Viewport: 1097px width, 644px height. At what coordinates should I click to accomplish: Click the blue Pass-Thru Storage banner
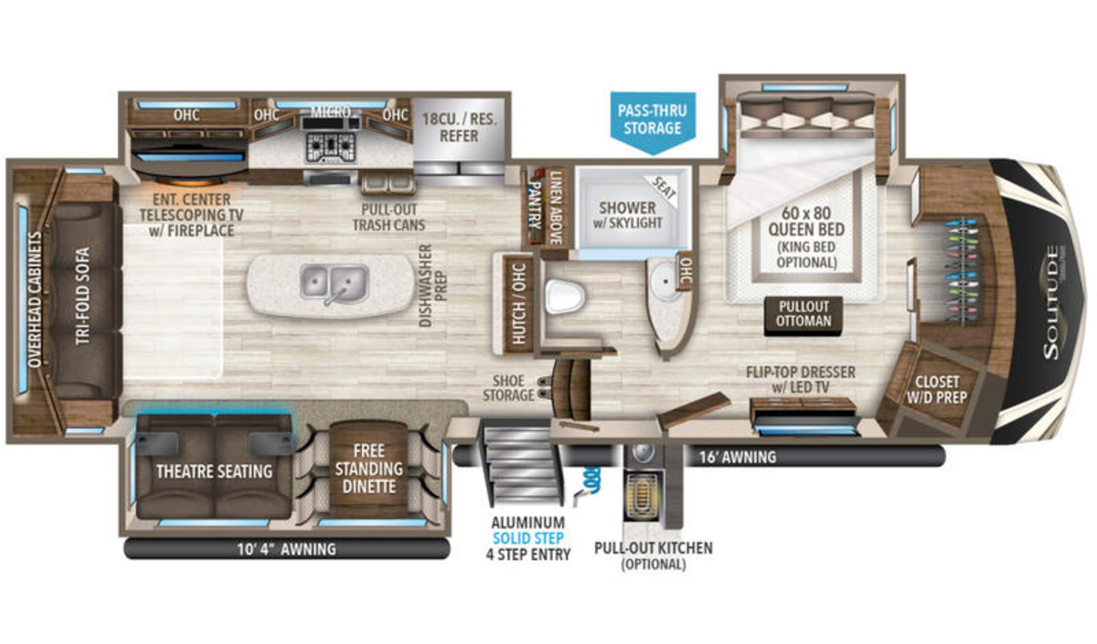[653, 122]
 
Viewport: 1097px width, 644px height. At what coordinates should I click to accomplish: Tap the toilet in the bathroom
[566, 296]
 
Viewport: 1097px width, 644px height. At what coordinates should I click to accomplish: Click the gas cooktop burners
[331, 147]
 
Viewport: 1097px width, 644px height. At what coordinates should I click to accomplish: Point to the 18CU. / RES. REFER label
[459, 127]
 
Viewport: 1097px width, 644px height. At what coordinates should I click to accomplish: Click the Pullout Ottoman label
[804, 314]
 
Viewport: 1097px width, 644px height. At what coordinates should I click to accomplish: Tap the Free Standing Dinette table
[368, 468]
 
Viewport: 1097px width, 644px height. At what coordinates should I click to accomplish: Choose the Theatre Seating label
[214, 471]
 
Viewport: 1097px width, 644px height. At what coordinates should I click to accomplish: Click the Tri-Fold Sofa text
[83, 295]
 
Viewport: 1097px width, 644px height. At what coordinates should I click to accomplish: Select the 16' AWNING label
[738, 456]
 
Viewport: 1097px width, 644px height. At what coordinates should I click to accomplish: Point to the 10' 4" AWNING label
[286, 549]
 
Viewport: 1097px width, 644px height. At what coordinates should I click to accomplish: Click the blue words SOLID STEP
[528, 538]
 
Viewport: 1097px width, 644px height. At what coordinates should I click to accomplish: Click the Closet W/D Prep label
[936, 390]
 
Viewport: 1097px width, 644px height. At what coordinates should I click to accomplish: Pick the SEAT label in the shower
[665, 188]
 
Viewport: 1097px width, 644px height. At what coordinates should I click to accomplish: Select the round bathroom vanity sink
[666, 280]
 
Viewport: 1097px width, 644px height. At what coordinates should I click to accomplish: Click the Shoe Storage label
[508, 388]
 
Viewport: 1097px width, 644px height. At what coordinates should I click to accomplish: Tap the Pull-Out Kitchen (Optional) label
[654, 556]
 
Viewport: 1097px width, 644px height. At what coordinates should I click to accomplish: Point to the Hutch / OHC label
[518, 304]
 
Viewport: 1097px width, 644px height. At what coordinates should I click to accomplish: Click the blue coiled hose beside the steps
[591, 481]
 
